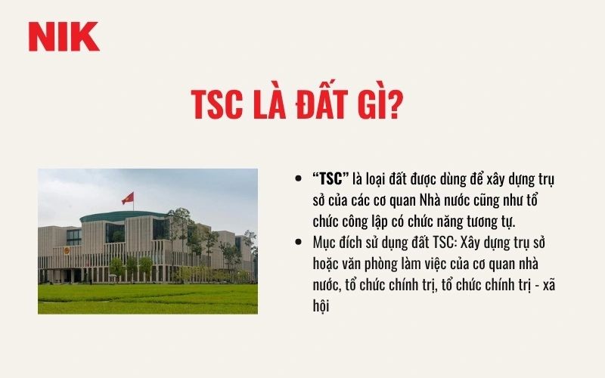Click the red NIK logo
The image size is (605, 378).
click(64, 37)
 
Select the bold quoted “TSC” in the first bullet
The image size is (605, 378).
click(330, 179)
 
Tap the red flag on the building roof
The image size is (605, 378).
click(128, 197)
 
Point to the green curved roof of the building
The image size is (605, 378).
click(121, 216)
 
